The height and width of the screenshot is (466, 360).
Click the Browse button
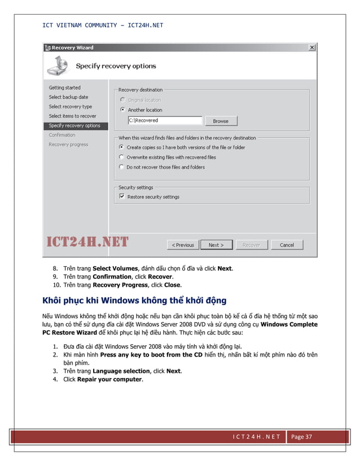[221, 121]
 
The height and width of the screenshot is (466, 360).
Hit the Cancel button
[287, 245]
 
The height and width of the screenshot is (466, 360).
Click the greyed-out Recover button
[251, 245]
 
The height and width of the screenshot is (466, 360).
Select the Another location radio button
[122, 110]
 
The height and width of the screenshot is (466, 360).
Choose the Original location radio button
[122, 100]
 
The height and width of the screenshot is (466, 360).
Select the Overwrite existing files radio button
[122, 157]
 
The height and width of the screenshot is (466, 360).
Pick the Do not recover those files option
[122, 167]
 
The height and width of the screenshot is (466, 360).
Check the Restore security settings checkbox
[122, 197]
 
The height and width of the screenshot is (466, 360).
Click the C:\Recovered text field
[165, 121]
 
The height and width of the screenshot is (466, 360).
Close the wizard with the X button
[311, 48]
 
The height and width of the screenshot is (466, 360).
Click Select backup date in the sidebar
[68, 97]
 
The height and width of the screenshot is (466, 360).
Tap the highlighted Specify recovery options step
[74, 126]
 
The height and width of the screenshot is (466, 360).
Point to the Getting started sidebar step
[64, 87]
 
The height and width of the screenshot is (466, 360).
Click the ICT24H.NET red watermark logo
[87, 243]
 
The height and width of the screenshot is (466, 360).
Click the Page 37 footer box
[304, 437]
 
